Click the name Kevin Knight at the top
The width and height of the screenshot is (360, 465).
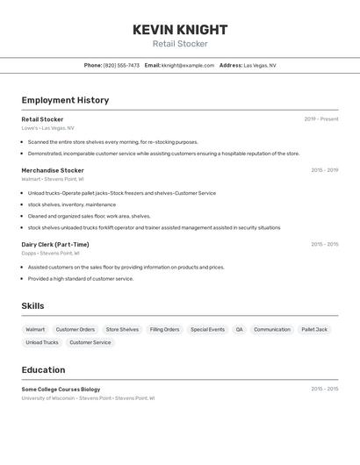180,29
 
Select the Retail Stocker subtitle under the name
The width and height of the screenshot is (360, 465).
180,44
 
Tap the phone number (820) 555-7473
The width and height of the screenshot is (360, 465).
121,65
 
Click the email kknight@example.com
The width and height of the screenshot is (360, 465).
188,65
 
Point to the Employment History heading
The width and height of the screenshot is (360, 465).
65,100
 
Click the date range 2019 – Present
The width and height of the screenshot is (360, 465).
320,119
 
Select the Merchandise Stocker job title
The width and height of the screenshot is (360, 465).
53,170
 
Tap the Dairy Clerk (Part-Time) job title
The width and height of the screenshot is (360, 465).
55,245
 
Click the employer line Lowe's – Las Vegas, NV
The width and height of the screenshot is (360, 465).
48,128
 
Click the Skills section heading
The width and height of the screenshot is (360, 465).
32,306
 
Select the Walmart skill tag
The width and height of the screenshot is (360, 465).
35,330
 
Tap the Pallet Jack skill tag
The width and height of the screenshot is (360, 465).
314,330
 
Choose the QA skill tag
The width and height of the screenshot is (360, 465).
239,330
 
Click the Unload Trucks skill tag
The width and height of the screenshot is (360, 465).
42,342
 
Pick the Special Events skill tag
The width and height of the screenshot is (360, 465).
207,330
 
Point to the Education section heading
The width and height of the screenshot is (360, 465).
43,369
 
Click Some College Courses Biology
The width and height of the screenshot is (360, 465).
61,389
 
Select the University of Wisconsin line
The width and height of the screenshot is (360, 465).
88,397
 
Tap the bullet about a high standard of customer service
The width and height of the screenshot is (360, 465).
81,278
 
